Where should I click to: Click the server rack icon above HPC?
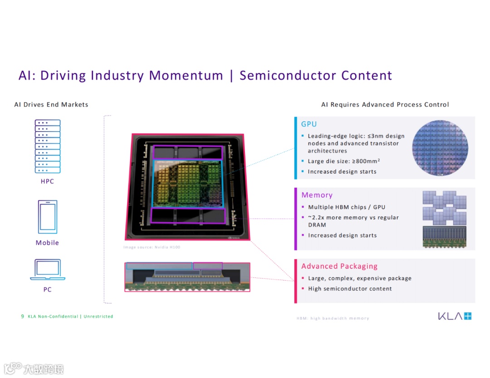click(48, 146)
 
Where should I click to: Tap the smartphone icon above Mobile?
click(47, 217)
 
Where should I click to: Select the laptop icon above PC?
click(48, 270)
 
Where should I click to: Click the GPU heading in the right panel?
click(309, 124)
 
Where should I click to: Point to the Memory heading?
click(317, 195)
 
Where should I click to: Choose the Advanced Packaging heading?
click(339, 267)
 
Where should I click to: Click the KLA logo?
click(455, 316)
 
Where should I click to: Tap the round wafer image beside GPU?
click(440, 148)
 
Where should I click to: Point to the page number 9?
click(22, 316)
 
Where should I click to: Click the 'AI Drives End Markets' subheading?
click(51, 105)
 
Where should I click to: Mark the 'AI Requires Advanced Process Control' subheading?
click(385, 105)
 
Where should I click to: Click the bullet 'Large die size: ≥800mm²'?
click(343, 161)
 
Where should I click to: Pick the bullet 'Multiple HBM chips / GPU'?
click(346, 207)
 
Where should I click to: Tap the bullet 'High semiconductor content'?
click(350, 289)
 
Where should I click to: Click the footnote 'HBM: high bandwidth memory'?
click(333, 319)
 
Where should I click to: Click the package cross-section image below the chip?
click(187, 276)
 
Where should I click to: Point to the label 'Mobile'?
click(47, 243)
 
